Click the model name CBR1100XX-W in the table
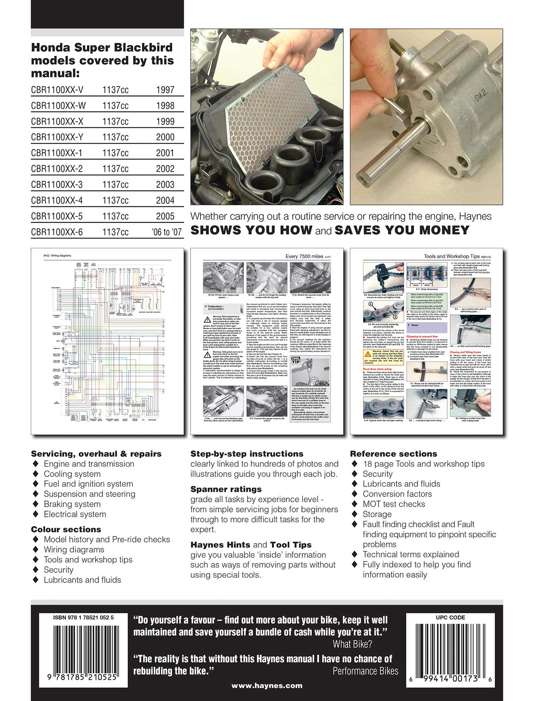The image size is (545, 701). pyautogui.click(x=58, y=106)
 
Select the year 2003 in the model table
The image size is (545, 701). pyautogui.click(x=165, y=185)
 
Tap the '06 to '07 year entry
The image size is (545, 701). pyautogui.click(x=166, y=232)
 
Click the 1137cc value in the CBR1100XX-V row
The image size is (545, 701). pyautogui.click(x=115, y=90)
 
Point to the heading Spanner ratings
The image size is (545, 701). pyautogui.click(x=226, y=489)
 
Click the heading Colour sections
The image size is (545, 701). pyautogui.click(x=66, y=529)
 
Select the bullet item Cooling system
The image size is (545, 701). pyautogui.click(x=72, y=474)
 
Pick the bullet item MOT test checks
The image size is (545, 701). pyautogui.click(x=394, y=504)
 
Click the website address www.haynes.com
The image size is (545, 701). pyautogui.click(x=267, y=685)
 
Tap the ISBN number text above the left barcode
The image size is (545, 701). pyautogui.click(x=83, y=618)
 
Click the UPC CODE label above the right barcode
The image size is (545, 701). pyautogui.click(x=450, y=618)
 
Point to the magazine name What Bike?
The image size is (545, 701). pyautogui.click(x=352, y=644)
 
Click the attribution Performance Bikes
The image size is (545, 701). pyautogui.click(x=365, y=671)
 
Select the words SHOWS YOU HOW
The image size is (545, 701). pyautogui.click(x=251, y=230)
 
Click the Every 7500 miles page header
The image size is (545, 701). pyautogui.click(x=305, y=256)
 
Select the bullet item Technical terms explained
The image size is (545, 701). pyautogui.click(x=411, y=554)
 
